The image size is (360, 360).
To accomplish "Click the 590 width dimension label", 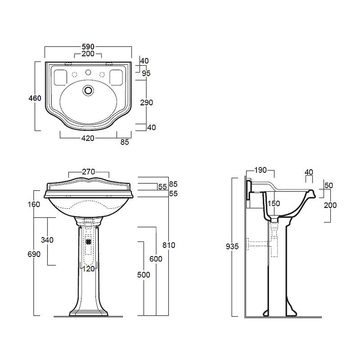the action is click(88, 47).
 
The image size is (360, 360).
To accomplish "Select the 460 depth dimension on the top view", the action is click(35, 98).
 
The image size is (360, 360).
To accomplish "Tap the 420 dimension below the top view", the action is click(88, 138).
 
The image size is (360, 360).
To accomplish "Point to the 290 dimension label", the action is click(147, 103).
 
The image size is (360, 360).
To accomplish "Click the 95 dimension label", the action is click(146, 73).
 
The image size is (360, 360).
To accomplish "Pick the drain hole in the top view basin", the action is click(88, 90).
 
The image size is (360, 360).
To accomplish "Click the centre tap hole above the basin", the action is click(88, 72).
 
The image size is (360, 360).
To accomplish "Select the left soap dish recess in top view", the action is click(60, 77).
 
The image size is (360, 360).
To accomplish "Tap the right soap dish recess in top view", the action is click(116, 77).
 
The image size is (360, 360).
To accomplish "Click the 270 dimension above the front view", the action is click(89, 172).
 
